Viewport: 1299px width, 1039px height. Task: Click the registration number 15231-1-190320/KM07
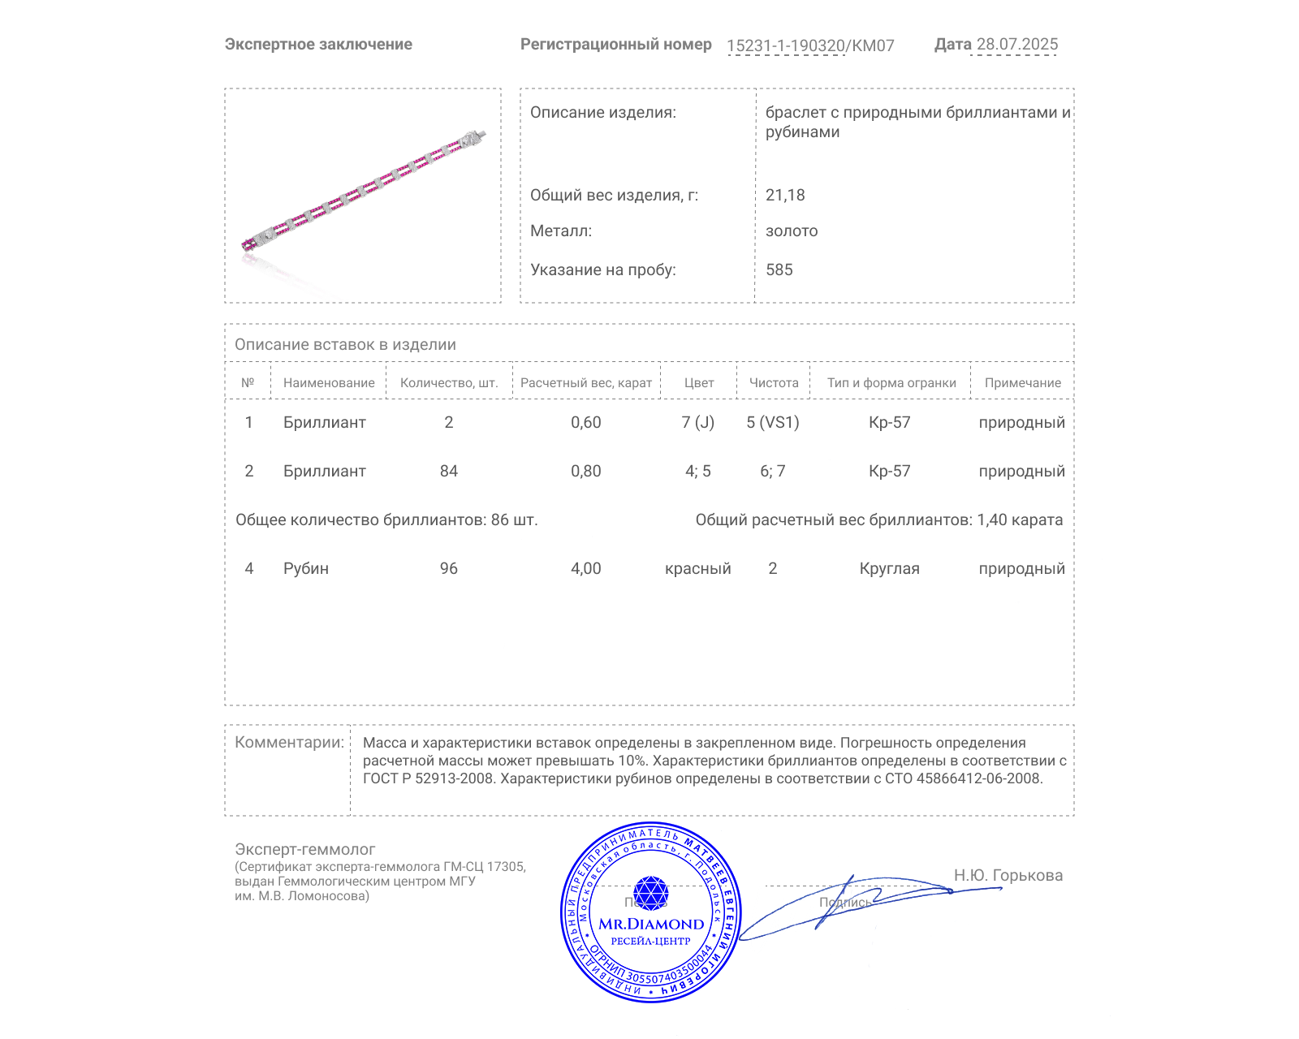pyautogui.click(x=810, y=45)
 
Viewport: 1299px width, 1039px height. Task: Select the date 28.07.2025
pyautogui.click(x=1016, y=44)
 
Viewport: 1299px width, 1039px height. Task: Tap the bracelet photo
pyautogui.click(x=363, y=196)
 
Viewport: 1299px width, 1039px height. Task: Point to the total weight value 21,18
pyautogui.click(x=785, y=195)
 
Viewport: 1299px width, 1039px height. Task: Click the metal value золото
pyautogui.click(x=792, y=231)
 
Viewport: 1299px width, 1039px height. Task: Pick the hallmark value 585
pyautogui.click(x=779, y=269)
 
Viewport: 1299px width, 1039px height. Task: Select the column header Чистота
pyautogui.click(x=774, y=382)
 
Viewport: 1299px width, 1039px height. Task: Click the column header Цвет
pyautogui.click(x=698, y=382)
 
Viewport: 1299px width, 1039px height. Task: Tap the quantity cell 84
pyautogui.click(x=449, y=471)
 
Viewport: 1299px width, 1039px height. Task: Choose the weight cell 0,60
pyautogui.click(x=586, y=422)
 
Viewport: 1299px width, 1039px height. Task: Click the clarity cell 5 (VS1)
pyautogui.click(x=773, y=422)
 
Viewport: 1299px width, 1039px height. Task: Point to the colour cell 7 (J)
pyautogui.click(x=698, y=422)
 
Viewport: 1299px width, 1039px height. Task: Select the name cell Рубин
pyautogui.click(x=306, y=568)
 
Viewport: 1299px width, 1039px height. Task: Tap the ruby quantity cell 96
pyautogui.click(x=449, y=568)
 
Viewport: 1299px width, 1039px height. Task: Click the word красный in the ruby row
pyautogui.click(x=698, y=568)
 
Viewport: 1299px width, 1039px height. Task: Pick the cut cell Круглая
pyautogui.click(x=889, y=568)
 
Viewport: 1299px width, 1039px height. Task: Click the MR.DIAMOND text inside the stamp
pyautogui.click(x=651, y=924)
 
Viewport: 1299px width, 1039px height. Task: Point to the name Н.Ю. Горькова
pyautogui.click(x=1008, y=875)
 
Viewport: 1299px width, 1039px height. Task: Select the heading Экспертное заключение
pyautogui.click(x=318, y=44)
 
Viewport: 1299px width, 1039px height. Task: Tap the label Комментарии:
pyautogui.click(x=289, y=742)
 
